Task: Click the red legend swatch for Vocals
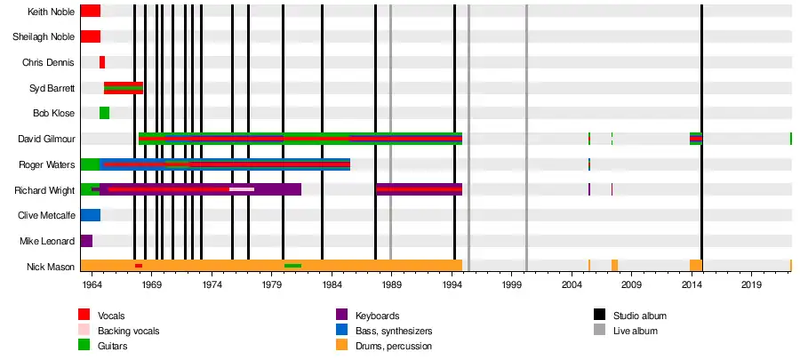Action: tap(84, 316)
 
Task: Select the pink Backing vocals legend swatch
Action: tap(84, 331)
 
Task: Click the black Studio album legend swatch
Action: tap(600, 316)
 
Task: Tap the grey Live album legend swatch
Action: tap(600, 331)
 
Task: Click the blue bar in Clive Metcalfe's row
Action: tap(90, 215)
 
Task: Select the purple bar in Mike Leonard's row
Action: tap(86, 241)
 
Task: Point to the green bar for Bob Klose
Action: tap(104, 113)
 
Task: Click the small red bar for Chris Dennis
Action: tap(102, 62)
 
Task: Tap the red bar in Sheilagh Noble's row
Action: tap(90, 36)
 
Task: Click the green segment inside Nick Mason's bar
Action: tap(292, 266)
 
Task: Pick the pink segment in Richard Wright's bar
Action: tap(241, 189)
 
